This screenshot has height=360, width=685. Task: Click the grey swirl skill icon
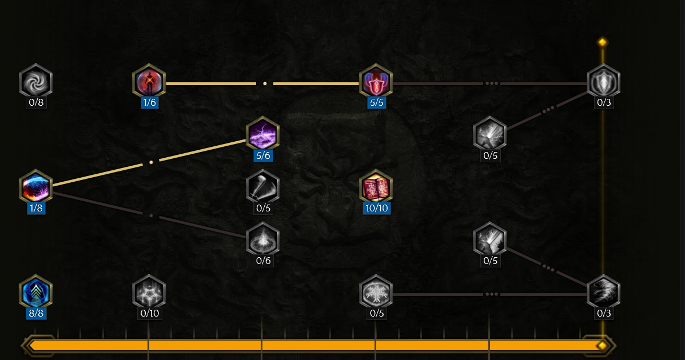[x=35, y=80]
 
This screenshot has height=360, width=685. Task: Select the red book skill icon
[x=376, y=186]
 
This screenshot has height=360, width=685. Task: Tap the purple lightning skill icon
[x=262, y=134]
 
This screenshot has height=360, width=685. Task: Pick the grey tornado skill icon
[x=603, y=291]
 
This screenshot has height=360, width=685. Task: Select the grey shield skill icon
[x=603, y=81]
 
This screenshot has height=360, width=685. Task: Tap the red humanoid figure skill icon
[x=149, y=81]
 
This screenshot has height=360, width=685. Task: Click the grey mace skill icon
[x=262, y=186]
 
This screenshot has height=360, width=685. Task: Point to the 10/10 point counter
[x=376, y=208]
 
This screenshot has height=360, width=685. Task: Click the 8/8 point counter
[x=35, y=313]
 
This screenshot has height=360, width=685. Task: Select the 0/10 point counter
[x=149, y=313]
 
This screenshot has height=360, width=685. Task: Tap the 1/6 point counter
[x=149, y=102]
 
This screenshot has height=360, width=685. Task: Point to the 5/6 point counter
[x=262, y=155]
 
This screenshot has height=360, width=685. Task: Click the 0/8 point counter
[x=35, y=102]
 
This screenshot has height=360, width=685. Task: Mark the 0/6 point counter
[x=262, y=261]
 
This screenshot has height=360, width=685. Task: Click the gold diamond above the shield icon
[x=602, y=42]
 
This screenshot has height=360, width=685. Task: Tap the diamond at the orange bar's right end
[x=601, y=345]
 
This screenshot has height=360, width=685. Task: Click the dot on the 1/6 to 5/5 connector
[x=265, y=83]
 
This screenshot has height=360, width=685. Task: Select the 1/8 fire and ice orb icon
[x=35, y=186]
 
